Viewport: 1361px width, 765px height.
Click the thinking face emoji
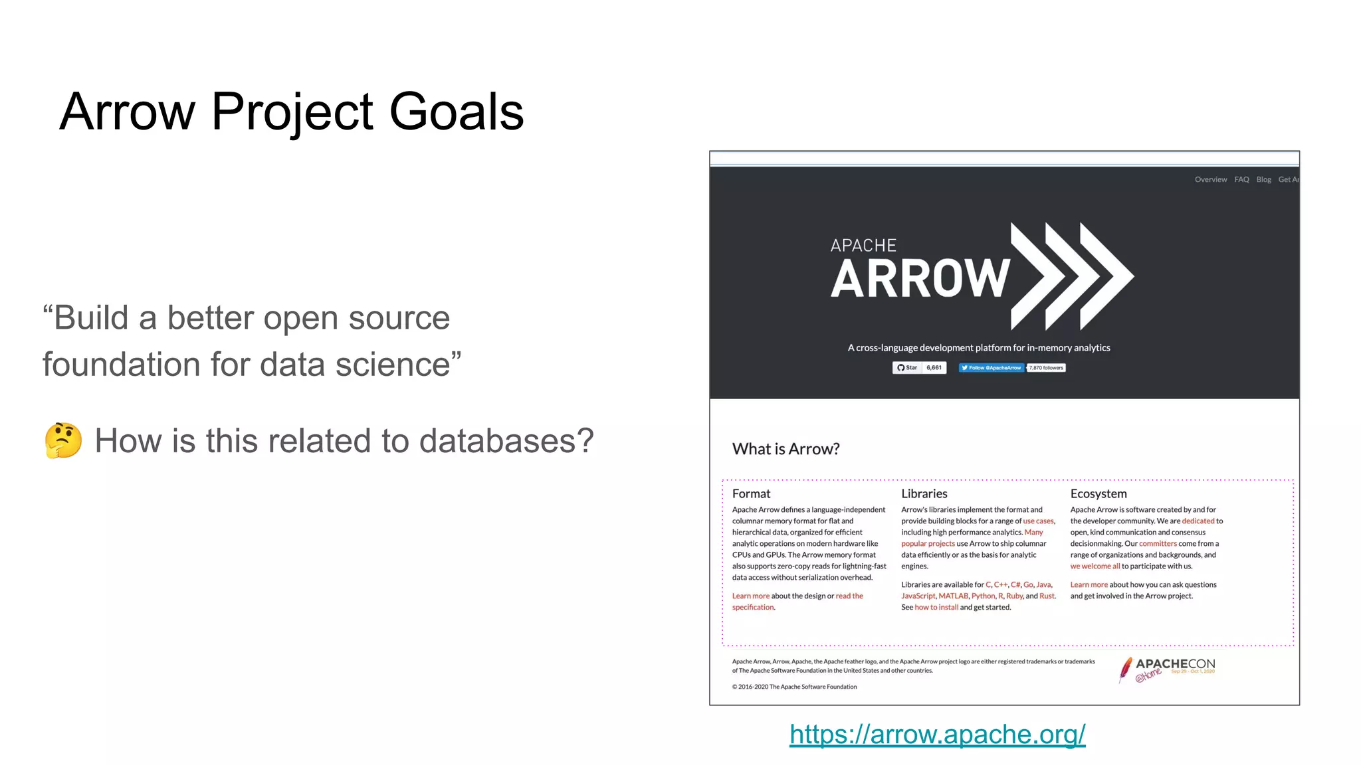pos(63,440)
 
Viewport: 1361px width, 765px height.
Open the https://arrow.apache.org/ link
pos(937,734)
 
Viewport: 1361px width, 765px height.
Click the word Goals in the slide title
pos(457,112)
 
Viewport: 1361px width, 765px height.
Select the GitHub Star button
pos(907,368)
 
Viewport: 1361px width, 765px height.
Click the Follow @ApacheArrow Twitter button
pos(991,368)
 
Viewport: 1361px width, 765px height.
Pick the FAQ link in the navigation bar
pos(1241,180)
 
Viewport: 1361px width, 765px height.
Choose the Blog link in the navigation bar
pos(1263,180)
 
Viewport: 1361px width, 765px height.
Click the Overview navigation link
pos(1210,180)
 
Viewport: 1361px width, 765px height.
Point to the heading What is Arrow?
pos(785,450)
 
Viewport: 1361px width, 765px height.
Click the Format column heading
pos(751,494)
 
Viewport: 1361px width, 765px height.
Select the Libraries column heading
pos(924,494)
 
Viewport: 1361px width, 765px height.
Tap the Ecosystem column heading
pos(1098,494)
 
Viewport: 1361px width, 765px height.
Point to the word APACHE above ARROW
pos(863,246)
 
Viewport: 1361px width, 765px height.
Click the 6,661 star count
pos(934,368)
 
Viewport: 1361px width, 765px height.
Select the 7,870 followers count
pos(1046,368)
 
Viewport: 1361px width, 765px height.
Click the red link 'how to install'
pos(936,608)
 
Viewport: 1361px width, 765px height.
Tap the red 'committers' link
pos(1158,544)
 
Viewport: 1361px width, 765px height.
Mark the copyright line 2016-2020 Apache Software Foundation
pos(794,687)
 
